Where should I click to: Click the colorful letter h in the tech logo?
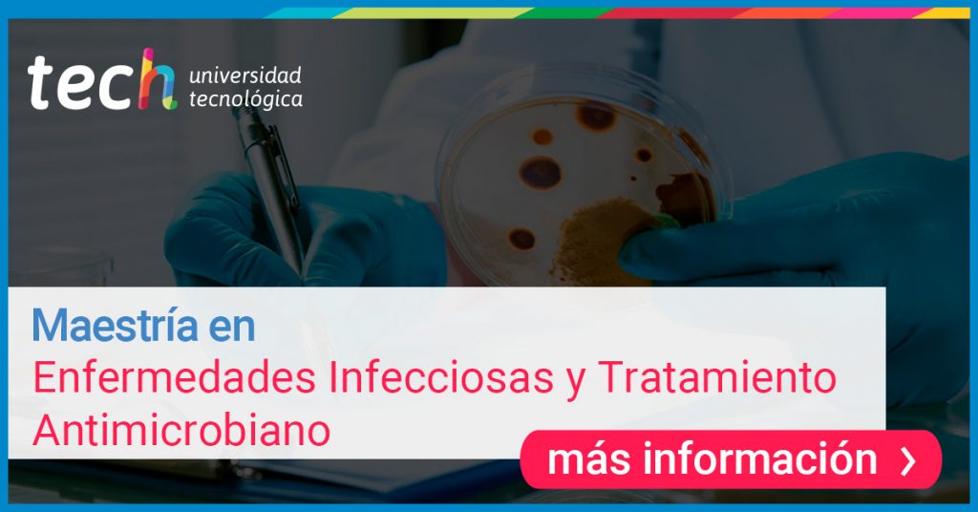[x=158, y=80]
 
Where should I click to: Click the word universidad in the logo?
[x=245, y=75]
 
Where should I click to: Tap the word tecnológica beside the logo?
[x=245, y=99]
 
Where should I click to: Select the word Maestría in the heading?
[x=116, y=325]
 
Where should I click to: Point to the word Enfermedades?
[x=174, y=376]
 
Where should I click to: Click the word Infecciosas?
[x=441, y=376]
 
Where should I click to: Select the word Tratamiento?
[x=716, y=376]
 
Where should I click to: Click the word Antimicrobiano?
[x=181, y=430]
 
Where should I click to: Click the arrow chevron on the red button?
[x=909, y=460]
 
